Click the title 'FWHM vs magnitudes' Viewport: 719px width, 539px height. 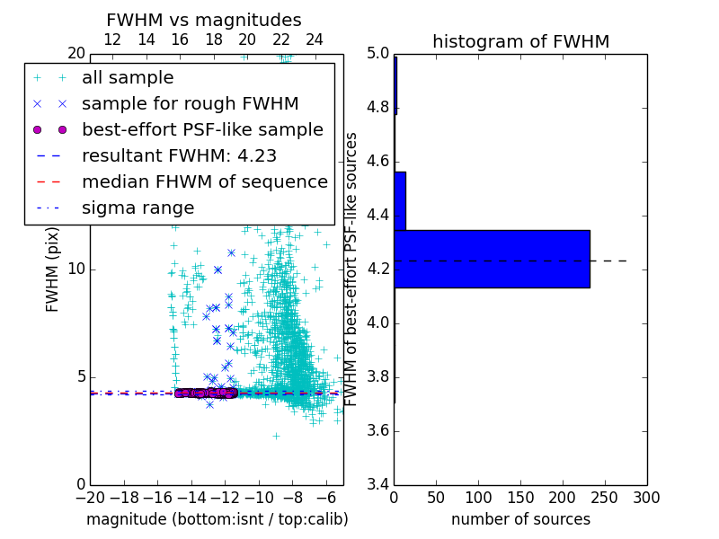203,20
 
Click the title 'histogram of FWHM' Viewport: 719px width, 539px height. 520,41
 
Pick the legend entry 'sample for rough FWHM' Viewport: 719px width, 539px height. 190,103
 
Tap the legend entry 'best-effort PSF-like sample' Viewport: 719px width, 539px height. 202,129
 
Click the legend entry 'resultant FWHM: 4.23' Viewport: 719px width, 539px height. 179,155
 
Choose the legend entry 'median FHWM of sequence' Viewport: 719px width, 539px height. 204,181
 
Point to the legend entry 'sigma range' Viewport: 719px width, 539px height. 138,208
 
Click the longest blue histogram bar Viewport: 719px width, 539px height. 492,259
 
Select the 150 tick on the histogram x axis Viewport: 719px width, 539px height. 520,498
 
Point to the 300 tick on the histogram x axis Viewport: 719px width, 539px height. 646,498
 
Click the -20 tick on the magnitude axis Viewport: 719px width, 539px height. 90,498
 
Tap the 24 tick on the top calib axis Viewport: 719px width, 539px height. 315,40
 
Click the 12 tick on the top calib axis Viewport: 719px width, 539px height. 112,40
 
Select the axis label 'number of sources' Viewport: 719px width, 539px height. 520,519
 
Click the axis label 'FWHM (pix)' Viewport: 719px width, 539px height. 53,269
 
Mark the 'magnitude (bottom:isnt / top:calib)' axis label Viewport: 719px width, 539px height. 217,519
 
